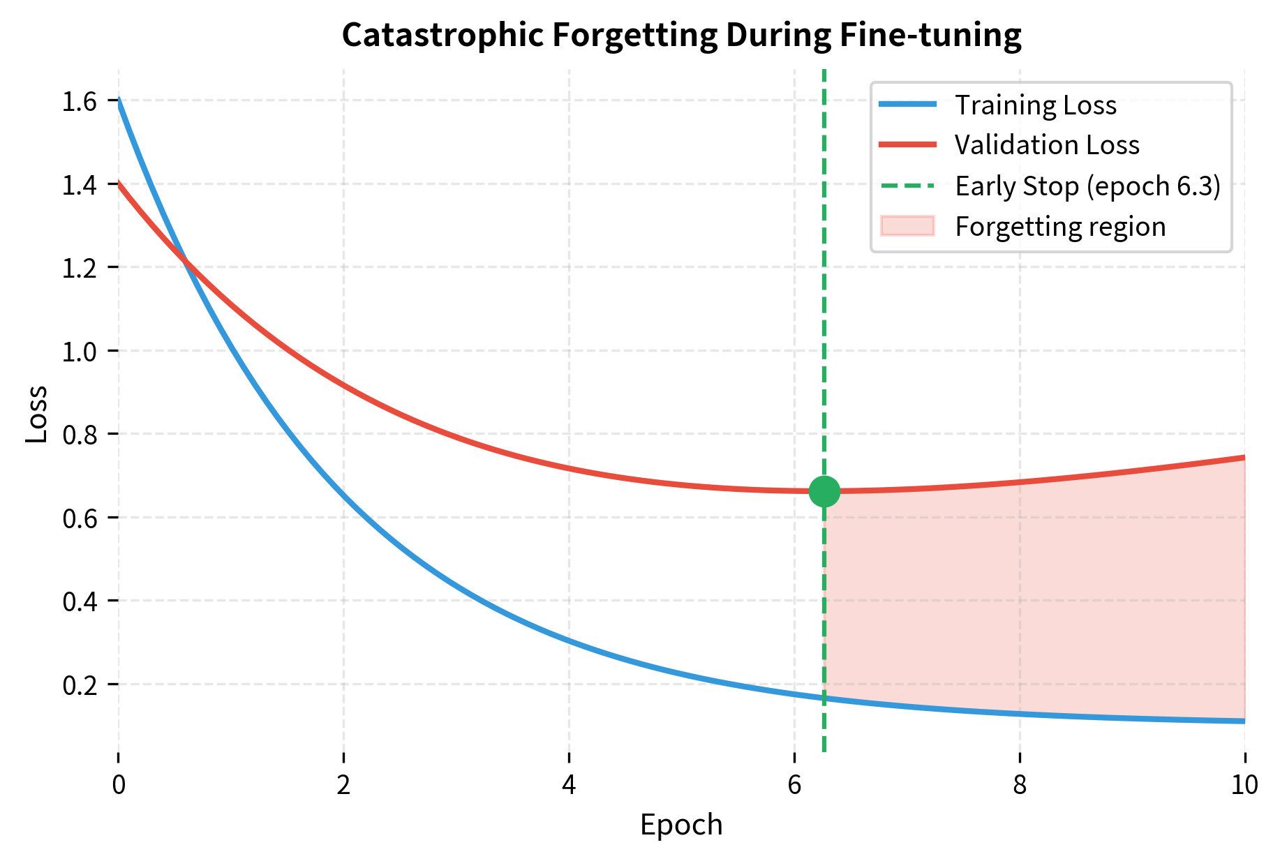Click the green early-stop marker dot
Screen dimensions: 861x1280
tap(824, 492)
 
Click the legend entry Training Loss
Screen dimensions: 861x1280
tap(1035, 105)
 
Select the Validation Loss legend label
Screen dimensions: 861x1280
tap(1047, 145)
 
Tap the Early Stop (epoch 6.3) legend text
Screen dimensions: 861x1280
tap(1087, 186)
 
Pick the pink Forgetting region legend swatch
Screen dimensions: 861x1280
tap(907, 226)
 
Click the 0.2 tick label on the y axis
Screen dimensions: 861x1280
tap(79, 685)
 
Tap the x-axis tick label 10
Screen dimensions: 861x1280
tap(1244, 786)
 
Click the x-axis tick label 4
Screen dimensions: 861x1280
tap(569, 786)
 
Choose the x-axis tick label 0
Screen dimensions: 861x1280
tap(119, 786)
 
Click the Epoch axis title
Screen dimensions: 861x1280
tap(681, 825)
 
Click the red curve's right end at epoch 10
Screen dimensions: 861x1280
tap(1244, 458)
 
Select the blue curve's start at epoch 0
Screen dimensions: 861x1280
tap(119, 100)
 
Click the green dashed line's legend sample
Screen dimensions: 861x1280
tap(907, 186)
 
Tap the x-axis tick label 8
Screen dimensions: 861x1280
tap(1020, 786)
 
